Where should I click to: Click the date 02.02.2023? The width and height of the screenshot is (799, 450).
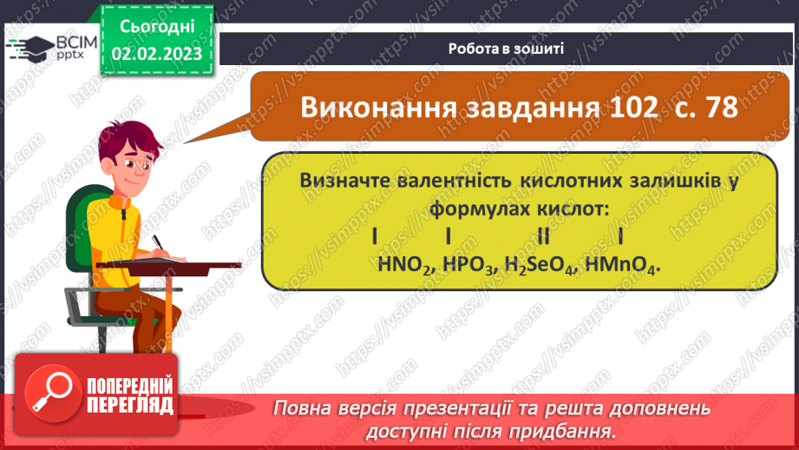point(157,53)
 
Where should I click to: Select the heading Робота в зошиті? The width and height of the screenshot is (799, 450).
point(507,49)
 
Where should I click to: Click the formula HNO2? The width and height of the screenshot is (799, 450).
point(406,265)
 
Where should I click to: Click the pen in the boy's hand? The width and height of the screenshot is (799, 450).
point(160,242)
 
